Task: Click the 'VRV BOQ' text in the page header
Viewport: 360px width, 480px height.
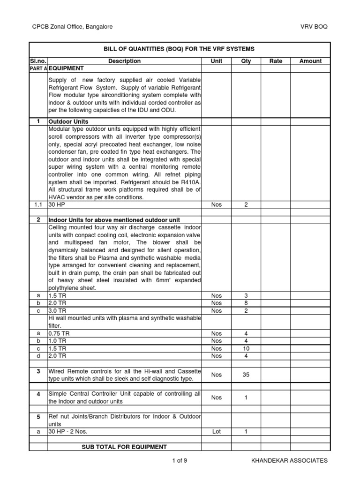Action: (314, 27)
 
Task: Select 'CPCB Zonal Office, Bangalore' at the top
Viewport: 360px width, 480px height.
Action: (72, 27)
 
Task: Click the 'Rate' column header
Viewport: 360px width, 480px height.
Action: (276, 61)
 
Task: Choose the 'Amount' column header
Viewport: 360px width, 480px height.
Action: (310, 61)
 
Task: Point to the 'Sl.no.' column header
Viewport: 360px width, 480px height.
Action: (38, 61)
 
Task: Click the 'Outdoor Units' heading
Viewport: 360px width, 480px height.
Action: (68, 122)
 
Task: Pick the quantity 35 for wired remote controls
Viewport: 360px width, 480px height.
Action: (246, 375)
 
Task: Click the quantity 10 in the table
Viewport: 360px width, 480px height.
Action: (246, 349)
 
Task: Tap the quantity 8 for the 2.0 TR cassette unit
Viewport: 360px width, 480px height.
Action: (246, 303)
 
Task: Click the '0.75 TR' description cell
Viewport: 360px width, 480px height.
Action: (59, 334)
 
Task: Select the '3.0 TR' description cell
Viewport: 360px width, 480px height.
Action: (57, 311)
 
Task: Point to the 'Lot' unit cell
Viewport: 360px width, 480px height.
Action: (216, 432)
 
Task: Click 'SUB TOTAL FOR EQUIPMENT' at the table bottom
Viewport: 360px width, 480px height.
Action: (124, 447)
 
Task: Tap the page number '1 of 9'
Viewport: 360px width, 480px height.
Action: (180, 461)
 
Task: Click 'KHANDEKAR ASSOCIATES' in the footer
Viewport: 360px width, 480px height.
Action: (289, 461)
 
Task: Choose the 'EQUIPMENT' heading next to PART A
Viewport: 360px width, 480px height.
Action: (66, 68)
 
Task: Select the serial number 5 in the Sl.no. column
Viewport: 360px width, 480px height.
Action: (38, 417)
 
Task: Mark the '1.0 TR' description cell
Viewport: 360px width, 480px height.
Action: (57, 341)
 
